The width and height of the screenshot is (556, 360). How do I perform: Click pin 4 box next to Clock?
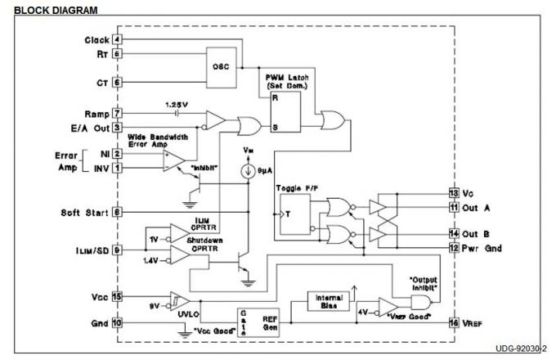[x=118, y=39]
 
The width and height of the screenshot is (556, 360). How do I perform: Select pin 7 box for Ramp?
[x=118, y=114]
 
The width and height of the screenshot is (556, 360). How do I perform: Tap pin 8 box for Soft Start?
[x=118, y=212]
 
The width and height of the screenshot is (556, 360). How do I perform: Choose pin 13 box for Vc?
[x=452, y=193]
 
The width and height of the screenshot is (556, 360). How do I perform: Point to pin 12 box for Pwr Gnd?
[x=452, y=248]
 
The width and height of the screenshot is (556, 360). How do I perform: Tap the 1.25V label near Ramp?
[x=177, y=106]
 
